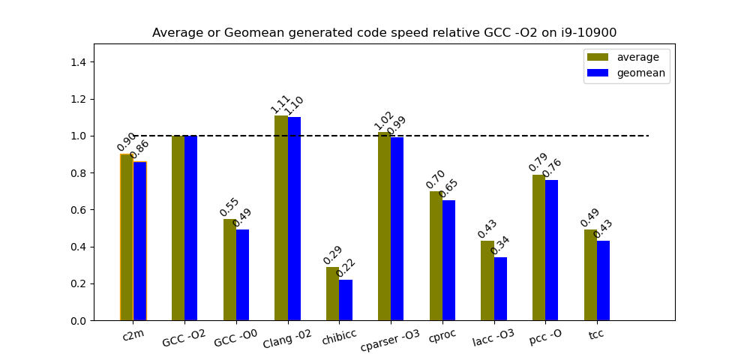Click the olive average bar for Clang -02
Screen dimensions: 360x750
(x=281, y=217)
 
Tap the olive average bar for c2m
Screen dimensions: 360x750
(x=127, y=237)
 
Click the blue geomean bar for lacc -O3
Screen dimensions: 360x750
(x=500, y=289)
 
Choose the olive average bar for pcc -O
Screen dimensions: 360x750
(x=539, y=247)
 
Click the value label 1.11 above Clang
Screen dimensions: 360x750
(x=280, y=104)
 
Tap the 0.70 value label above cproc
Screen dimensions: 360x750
(x=436, y=180)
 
